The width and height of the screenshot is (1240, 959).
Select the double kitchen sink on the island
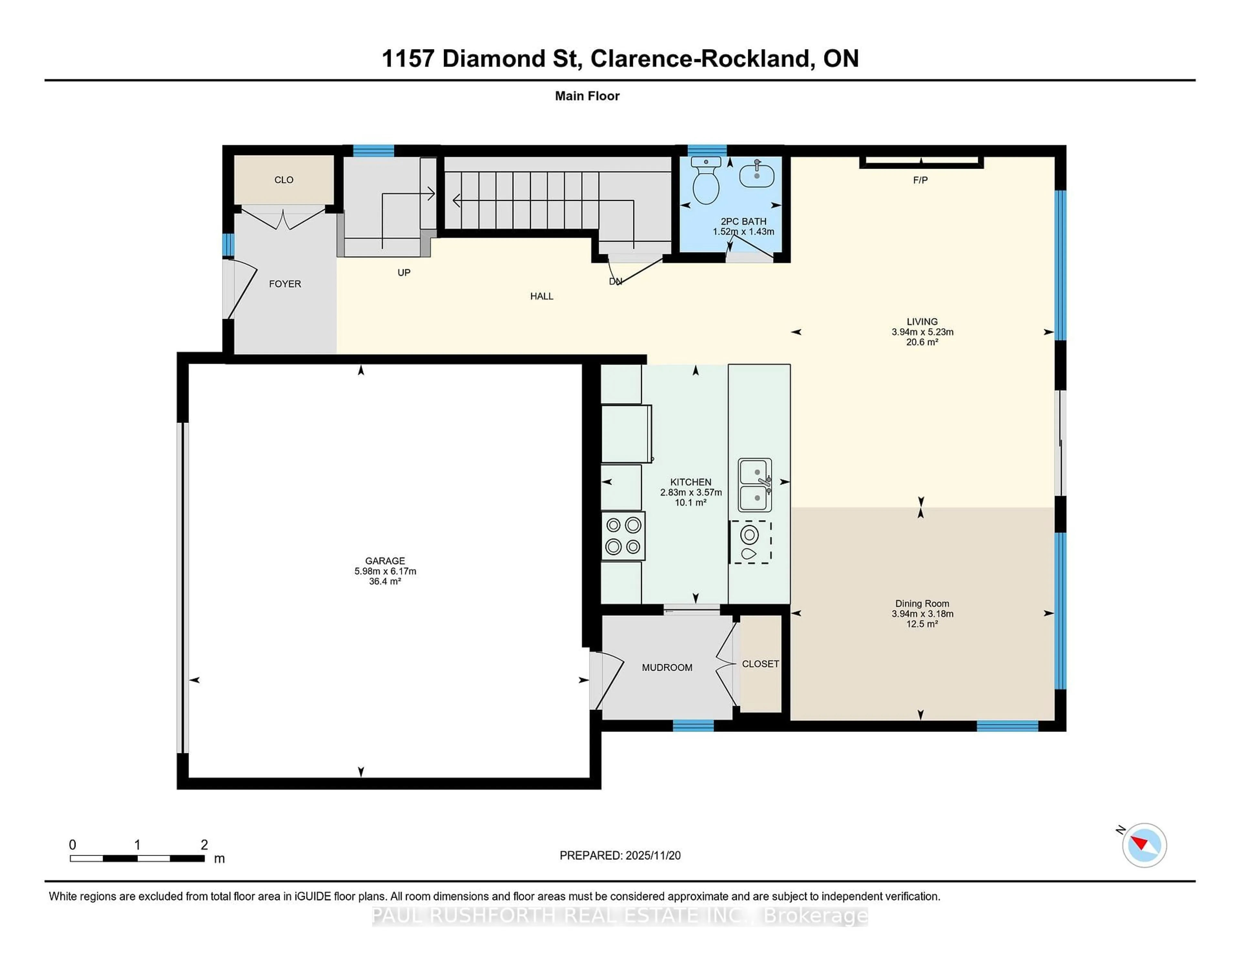tap(755, 485)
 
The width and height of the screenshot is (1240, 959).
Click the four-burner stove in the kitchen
tap(623, 536)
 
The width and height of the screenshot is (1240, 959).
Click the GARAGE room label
tap(385, 560)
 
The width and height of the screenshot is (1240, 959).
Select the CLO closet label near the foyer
tap(284, 180)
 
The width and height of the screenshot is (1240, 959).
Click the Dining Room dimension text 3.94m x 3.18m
tap(922, 614)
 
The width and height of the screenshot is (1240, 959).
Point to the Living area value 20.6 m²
tap(922, 342)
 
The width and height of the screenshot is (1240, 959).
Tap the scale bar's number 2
tap(204, 845)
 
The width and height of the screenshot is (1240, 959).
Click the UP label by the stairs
tap(404, 273)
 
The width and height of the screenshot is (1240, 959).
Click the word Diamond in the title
tap(509, 58)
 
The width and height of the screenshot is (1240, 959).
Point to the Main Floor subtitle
tap(587, 96)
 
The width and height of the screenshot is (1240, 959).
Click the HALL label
tap(542, 296)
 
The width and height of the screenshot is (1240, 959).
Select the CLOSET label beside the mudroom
tap(760, 664)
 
